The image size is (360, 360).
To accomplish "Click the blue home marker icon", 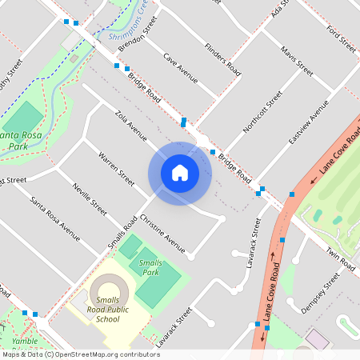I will coord(179,173).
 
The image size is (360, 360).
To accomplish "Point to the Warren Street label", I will coord(115,169).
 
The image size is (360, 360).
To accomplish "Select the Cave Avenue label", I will coord(180,69).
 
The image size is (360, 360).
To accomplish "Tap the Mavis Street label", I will coord(296,61).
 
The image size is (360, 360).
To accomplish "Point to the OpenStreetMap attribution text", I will coord(81,354).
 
